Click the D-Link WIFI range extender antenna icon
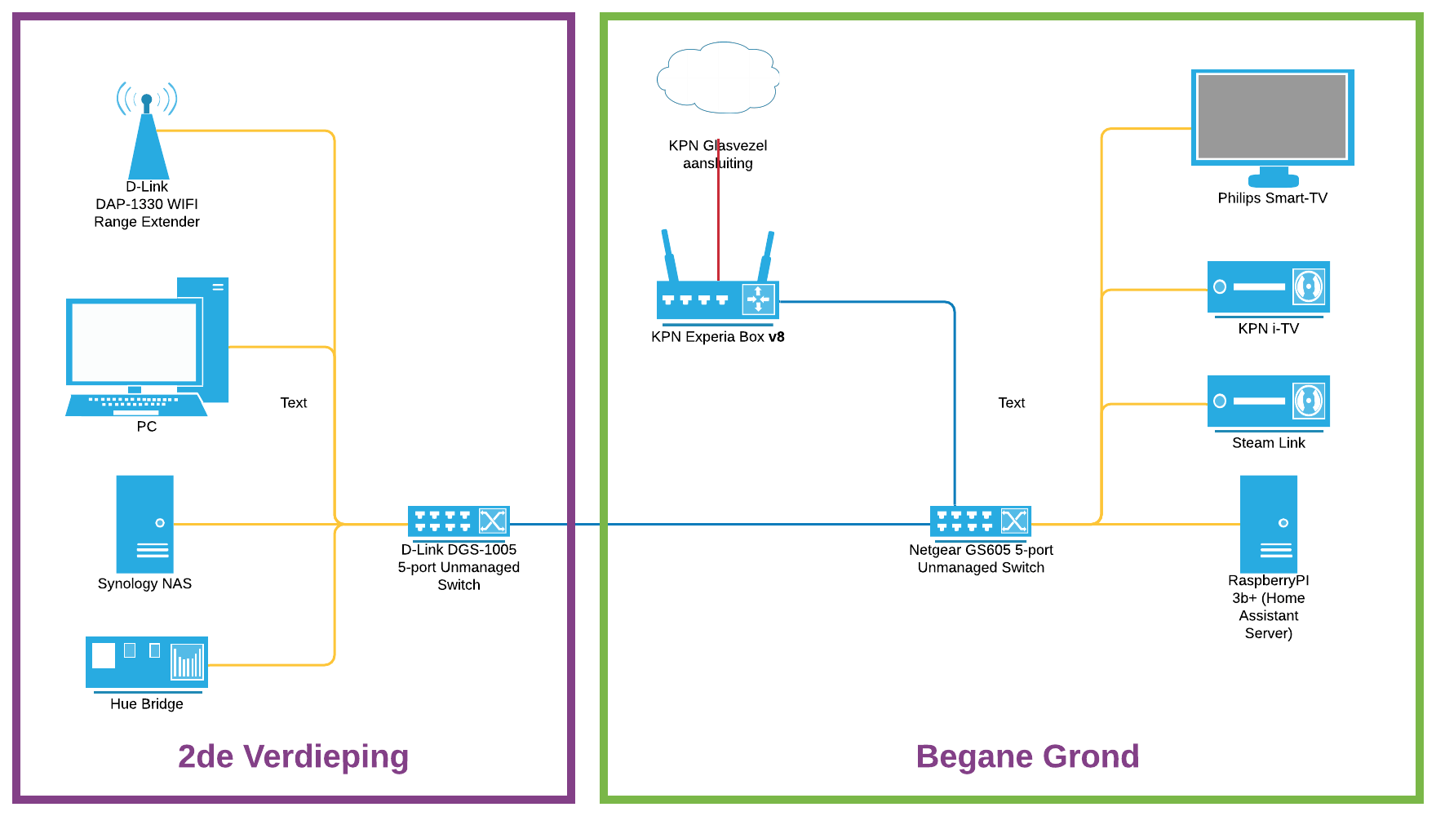[147, 135]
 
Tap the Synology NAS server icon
[145, 524]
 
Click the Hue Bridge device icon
[147, 662]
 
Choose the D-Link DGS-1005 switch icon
[459, 521]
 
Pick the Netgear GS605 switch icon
[981, 521]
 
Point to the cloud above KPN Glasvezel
[718, 78]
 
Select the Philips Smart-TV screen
[1272, 117]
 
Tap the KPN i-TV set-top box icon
[1268, 286]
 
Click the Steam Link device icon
[1268, 401]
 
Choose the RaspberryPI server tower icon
[1268, 524]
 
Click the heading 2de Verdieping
[293, 756]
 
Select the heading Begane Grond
[1027, 756]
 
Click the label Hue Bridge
[147, 704]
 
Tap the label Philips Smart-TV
[1272, 198]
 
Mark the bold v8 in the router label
[776, 337]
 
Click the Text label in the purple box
[294, 403]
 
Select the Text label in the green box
[1012, 403]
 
